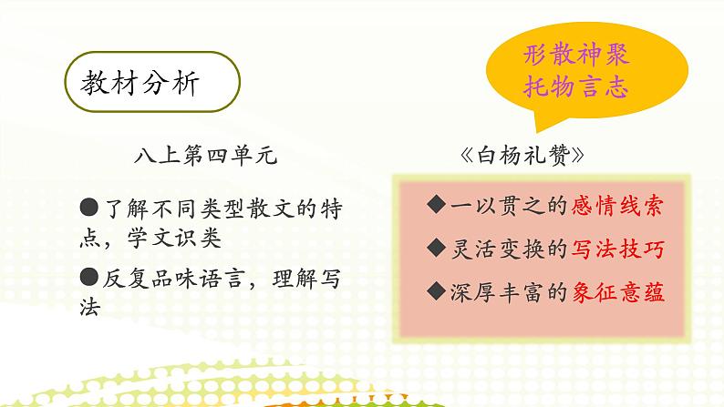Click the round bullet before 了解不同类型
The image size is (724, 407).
88,209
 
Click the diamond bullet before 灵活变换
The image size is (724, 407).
435,248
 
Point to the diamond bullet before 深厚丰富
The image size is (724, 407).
435,291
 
